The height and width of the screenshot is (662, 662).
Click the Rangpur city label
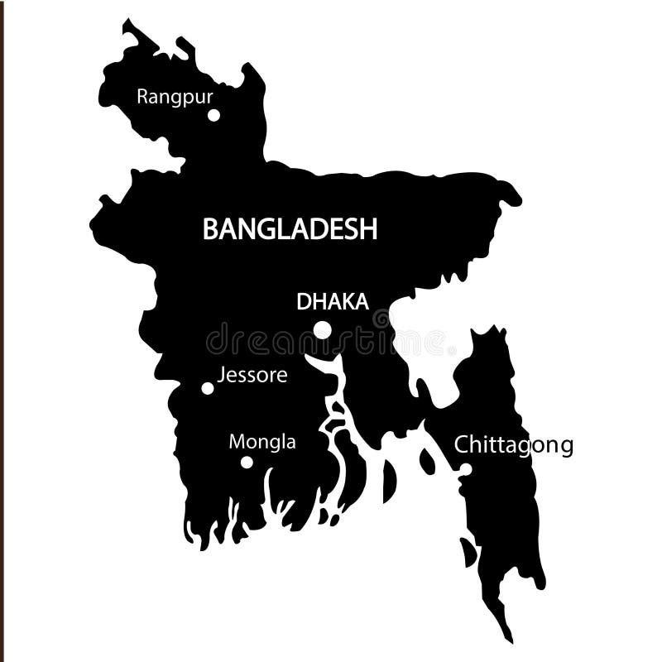point(175,97)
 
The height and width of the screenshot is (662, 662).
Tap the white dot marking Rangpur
point(213,115)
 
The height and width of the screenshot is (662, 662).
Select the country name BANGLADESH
point(290,229)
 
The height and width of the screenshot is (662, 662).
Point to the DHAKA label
point(333,302)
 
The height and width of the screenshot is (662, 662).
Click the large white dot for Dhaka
point(323,330)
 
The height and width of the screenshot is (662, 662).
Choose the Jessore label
point(252,376)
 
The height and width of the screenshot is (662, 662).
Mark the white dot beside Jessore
point(208,388)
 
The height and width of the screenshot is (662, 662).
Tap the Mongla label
point(262,442)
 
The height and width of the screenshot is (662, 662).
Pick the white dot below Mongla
point(247,462)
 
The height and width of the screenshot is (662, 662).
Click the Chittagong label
point(514,446)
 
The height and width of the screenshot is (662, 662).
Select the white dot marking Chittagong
point(466,469)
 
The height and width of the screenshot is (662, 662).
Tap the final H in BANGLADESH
point(368,229)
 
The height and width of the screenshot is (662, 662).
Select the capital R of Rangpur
point(142,96)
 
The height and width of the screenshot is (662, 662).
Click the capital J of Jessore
point(221,375)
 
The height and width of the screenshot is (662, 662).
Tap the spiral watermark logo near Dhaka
point(381,319)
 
